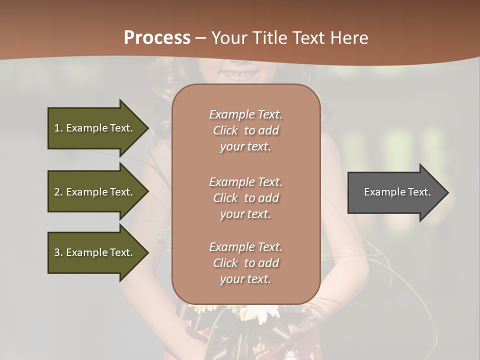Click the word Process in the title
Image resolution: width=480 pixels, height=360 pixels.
pyautogui.click(x=157, y=38)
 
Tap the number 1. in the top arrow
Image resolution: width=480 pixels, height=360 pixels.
pyautogui.click(x=58, y=128)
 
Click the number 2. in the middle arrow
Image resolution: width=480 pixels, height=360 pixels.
pyautogui.click(x=58, y=192)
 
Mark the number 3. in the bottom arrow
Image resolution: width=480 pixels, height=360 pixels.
pyautogui.click(x=58, y=252)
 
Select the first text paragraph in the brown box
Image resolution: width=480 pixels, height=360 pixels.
pyautogui.click(x=245, y=130)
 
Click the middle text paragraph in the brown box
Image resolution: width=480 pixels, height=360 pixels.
pyautogui.click(x=245, y=198)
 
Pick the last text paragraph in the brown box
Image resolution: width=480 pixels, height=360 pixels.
pyautogui.click(x=245, y=263)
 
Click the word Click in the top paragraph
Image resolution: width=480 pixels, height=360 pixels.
pyautogui.click(x=225, y=130)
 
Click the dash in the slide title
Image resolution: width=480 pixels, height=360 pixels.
pyautogui.click(x=201, y=38)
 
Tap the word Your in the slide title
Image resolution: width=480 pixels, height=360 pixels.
pyautogui.click(x=230, y=38)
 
